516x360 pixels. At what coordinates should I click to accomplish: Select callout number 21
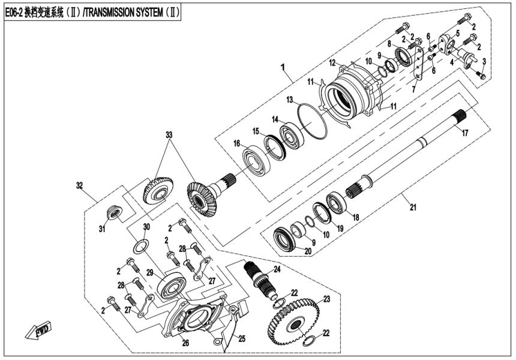click(412, 208)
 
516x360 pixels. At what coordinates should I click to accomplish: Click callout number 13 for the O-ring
click(289, 98)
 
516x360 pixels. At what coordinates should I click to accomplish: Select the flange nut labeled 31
click(113, 212)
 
